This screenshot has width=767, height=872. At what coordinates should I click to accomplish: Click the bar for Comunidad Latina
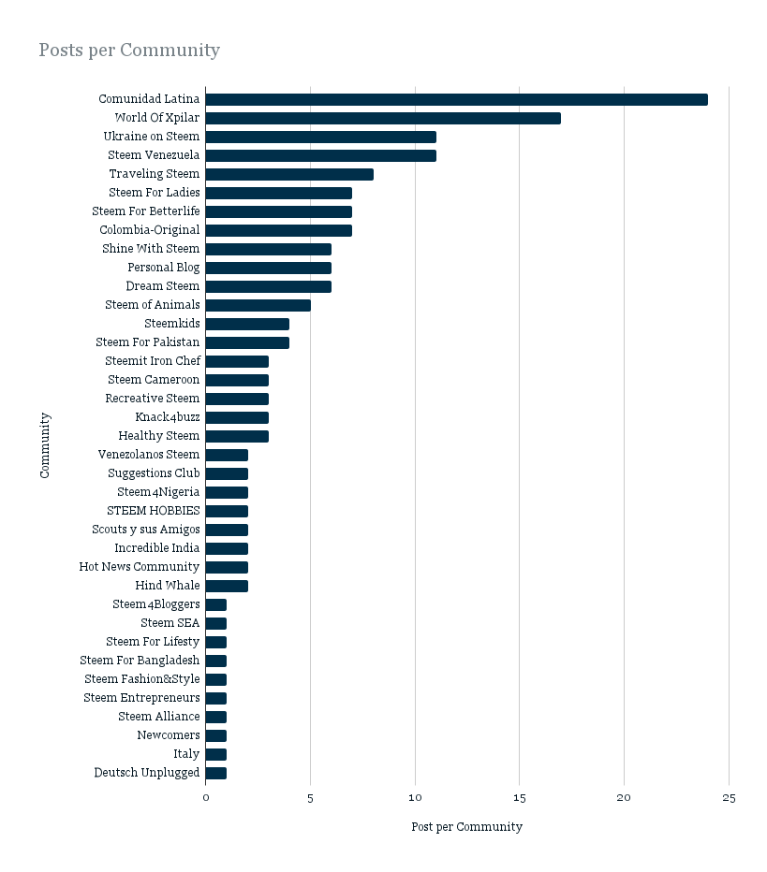456,99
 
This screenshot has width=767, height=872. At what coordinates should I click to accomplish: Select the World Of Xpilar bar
383,119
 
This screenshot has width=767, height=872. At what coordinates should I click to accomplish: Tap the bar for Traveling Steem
289,175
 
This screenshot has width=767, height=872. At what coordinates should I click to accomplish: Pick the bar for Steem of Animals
258,305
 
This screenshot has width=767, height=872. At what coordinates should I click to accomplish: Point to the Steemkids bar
247,325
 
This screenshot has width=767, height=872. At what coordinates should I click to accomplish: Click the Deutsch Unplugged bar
216,773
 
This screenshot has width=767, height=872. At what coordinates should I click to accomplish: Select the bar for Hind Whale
227,586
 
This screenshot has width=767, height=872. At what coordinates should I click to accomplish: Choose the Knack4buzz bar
237,417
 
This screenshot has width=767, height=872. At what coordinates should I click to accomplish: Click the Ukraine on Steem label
152,137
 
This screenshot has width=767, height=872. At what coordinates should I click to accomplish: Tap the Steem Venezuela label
154,155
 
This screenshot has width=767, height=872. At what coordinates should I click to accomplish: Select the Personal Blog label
164,268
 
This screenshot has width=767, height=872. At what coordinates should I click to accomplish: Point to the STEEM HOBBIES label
153,511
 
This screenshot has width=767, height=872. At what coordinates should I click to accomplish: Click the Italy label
186,754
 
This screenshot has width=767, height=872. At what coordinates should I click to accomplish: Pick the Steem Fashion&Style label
142,679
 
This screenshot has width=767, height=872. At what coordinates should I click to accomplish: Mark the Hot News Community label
140,567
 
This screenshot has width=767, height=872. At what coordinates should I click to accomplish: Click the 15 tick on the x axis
520,798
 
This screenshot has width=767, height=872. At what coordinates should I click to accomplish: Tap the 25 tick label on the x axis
729,798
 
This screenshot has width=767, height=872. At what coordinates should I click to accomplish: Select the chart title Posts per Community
129,50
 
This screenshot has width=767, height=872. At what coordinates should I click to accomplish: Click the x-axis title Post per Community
467,827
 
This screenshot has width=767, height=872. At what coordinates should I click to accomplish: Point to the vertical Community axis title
45,445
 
